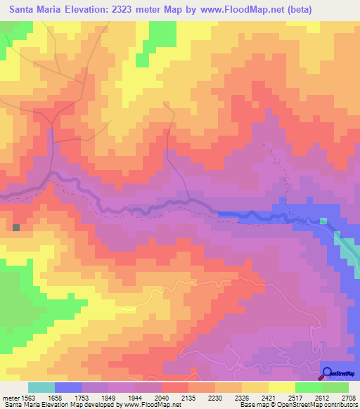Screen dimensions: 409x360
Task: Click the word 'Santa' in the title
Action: pyautogui.click(x=25, y=8)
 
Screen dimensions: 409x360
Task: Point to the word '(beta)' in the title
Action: pyautogui.click(x=309, y=8)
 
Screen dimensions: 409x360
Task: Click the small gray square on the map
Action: pyautogui.click(x=16, y=227)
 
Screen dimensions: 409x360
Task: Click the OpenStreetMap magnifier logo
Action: pyautogui.click(x=328, y=373)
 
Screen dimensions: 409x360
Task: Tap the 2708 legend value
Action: pyautogui.click(x=348, y=397)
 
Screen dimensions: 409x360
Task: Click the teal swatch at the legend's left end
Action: pyautogui.click(x=41, y=387)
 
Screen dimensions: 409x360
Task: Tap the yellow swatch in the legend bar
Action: pyautogui.click(x=281, y=387)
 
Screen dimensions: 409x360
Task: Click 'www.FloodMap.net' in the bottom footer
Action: pyautogui.click(x=150, y=405)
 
